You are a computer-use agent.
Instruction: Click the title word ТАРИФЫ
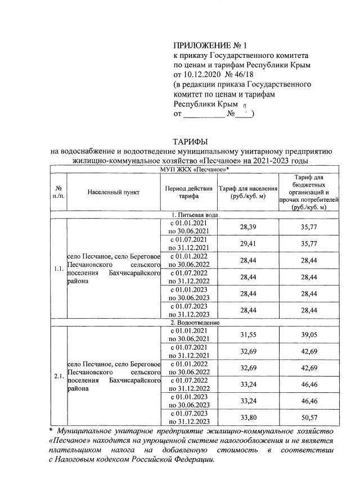pos(191,141)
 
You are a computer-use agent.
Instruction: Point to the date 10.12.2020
pos(202,74)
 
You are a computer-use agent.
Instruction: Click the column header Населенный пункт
pos(114,192)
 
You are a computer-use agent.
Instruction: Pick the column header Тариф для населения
pos(248,192)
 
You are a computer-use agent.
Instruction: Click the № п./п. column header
pos(58,192)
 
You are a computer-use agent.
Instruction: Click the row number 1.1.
pos(58,269)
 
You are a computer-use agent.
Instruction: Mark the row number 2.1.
pos(58,377)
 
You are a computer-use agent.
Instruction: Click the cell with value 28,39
pos(248,226)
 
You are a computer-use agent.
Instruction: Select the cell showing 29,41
pos(248,244)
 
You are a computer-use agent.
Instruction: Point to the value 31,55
pos(248,334)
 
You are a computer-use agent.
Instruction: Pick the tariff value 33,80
pos(248,418)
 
